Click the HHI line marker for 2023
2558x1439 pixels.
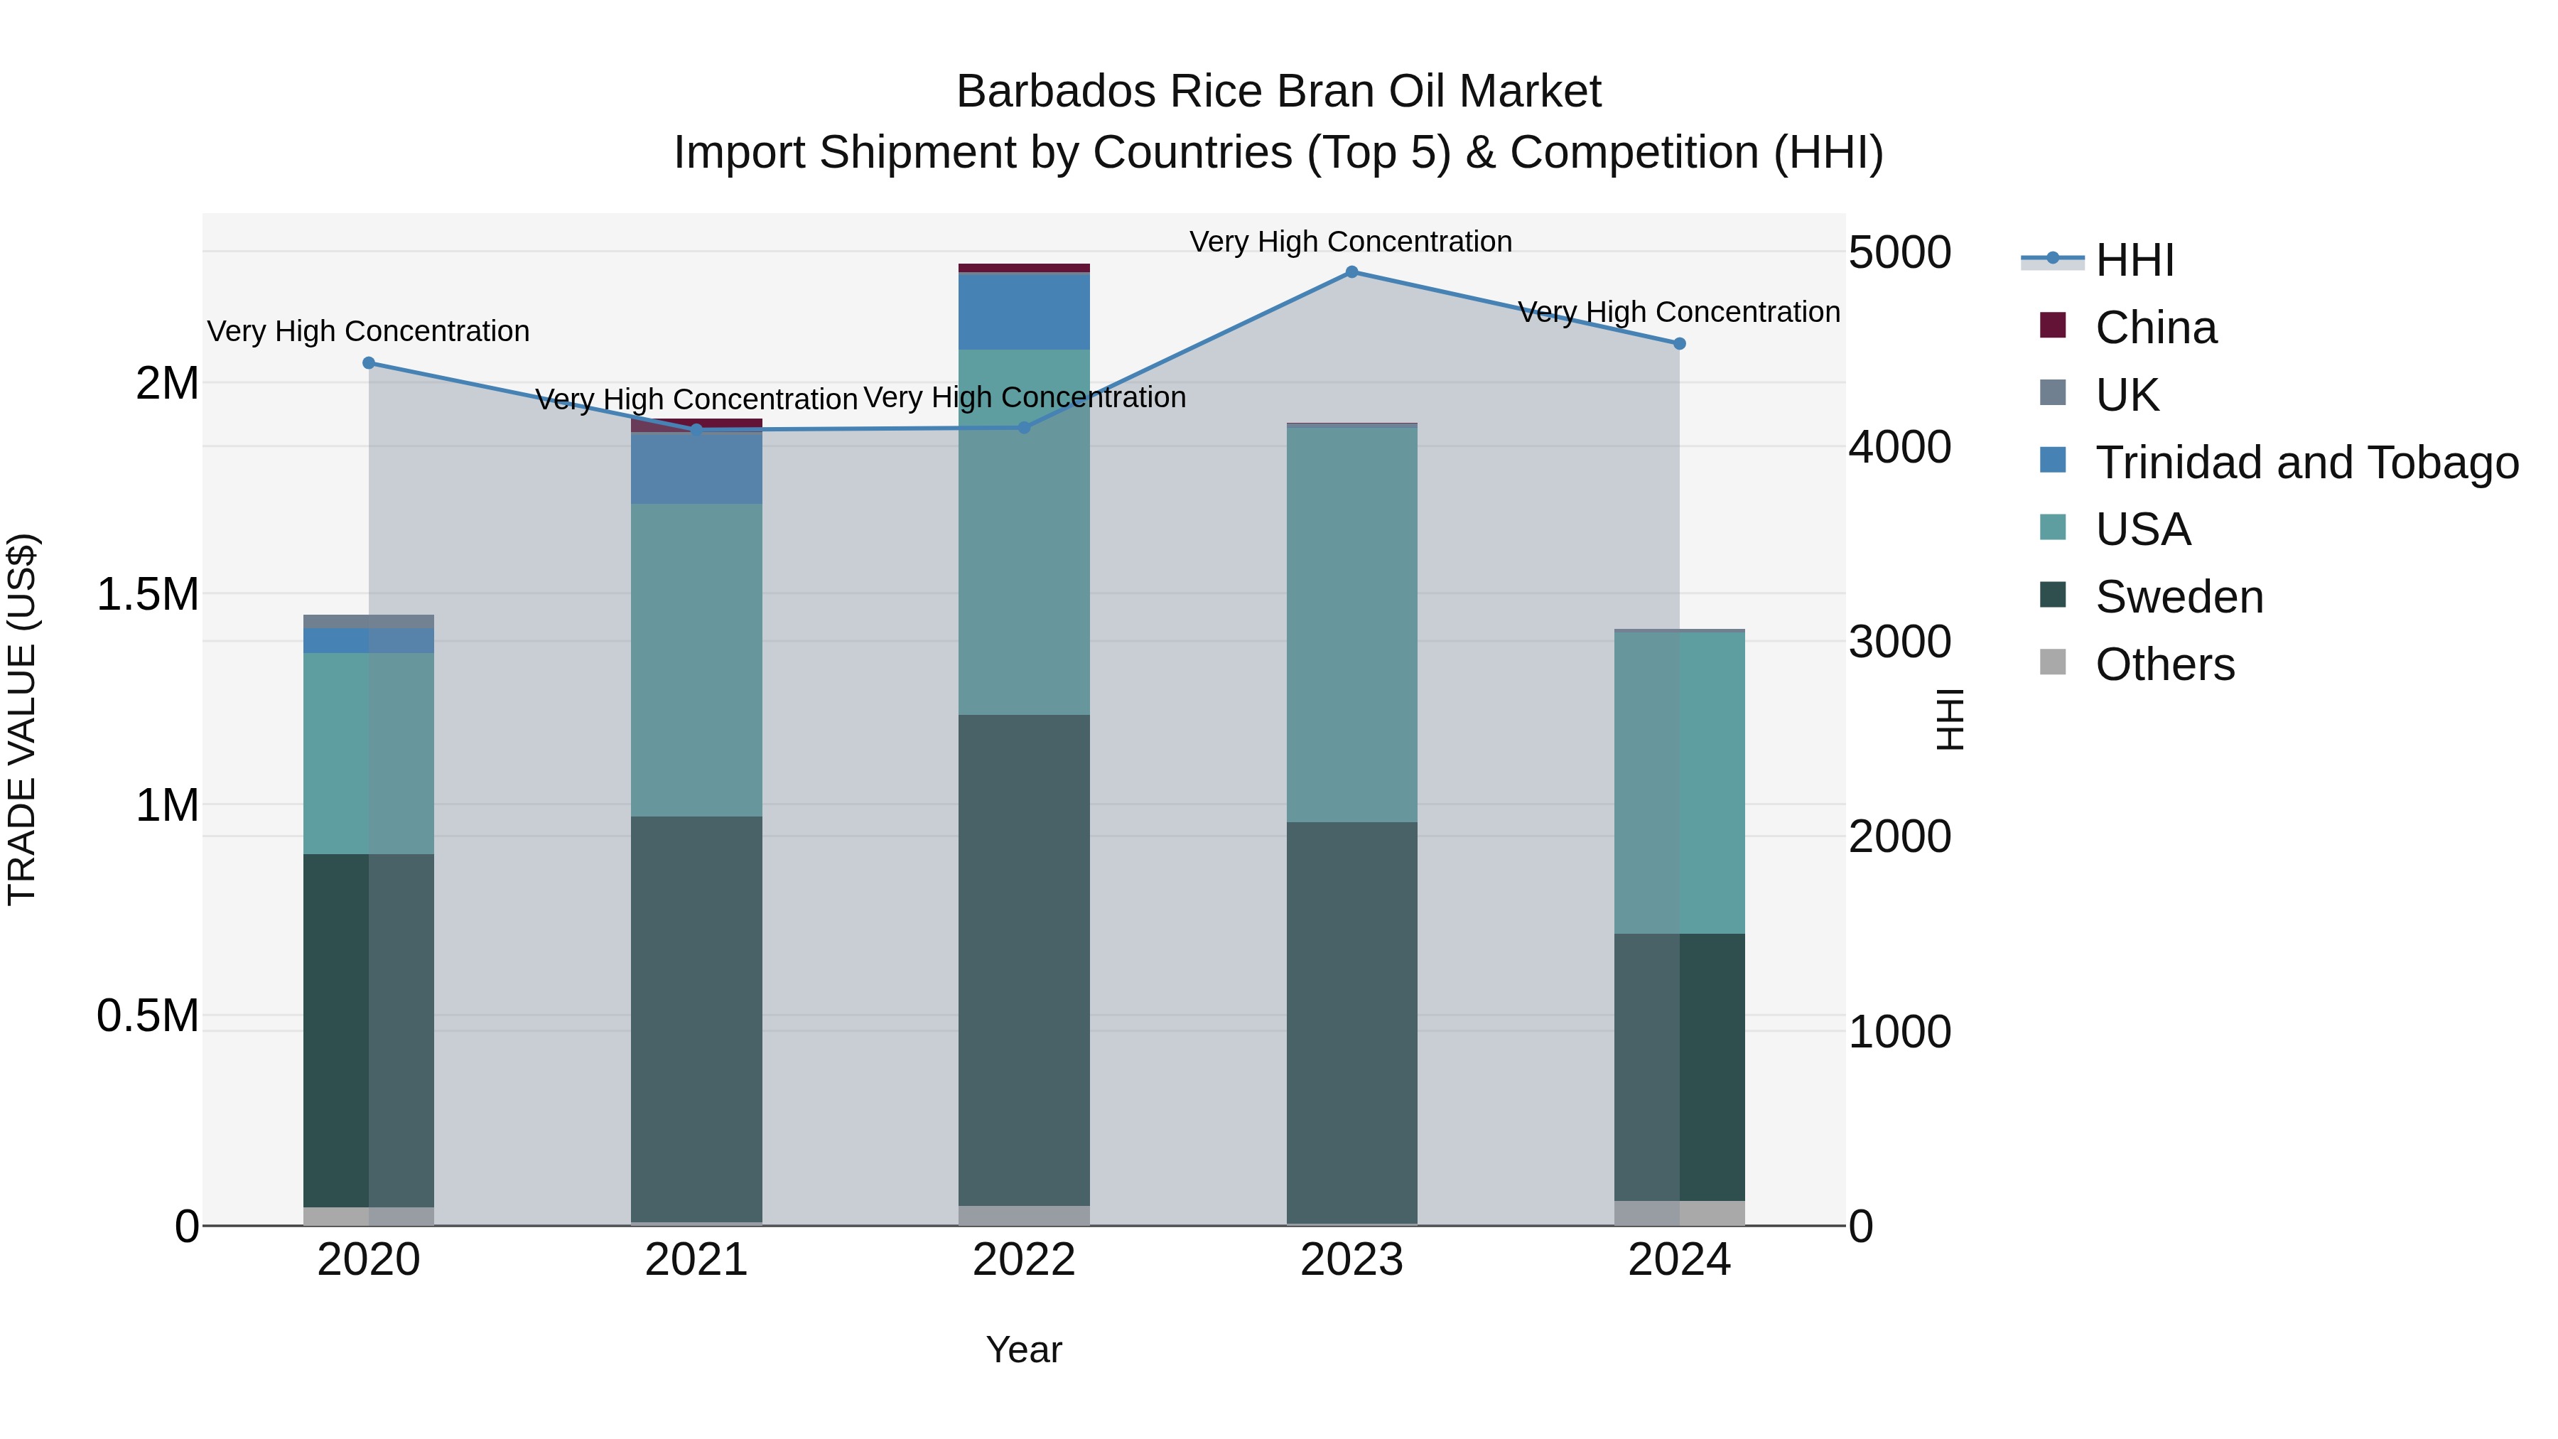tap(1351, 272)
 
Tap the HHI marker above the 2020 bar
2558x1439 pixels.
tap(368, 363)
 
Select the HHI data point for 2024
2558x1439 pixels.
tap(1679, 344)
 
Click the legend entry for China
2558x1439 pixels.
tap(2155, 328)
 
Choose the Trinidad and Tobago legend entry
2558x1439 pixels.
tap(2306, 463)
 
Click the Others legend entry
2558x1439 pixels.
tap(2165, 664)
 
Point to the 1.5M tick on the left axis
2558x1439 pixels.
tap(147, 594)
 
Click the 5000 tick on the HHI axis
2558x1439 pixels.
tap(1899, 252)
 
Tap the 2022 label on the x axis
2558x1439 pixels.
tap(1024, 1260)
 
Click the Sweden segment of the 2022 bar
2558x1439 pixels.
tap(1024, 959)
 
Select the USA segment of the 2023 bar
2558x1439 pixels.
tap(1351, 624)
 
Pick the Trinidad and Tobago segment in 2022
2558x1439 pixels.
tap(1024, 311)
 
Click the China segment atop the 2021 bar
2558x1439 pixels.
tap(696, 425)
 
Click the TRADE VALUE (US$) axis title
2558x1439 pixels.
tap(22, 719)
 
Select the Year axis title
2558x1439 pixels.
tap(1024, 1349)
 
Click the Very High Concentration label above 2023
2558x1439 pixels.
tap(1351, 242)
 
